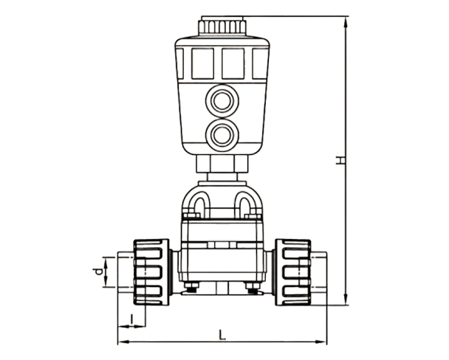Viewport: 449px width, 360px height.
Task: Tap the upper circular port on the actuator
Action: tap(220, 100)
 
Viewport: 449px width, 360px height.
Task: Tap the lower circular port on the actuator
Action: tap(220, 136)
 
